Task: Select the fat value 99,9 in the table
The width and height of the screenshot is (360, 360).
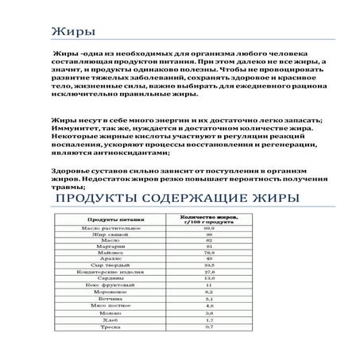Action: click(x=209, y=229)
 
